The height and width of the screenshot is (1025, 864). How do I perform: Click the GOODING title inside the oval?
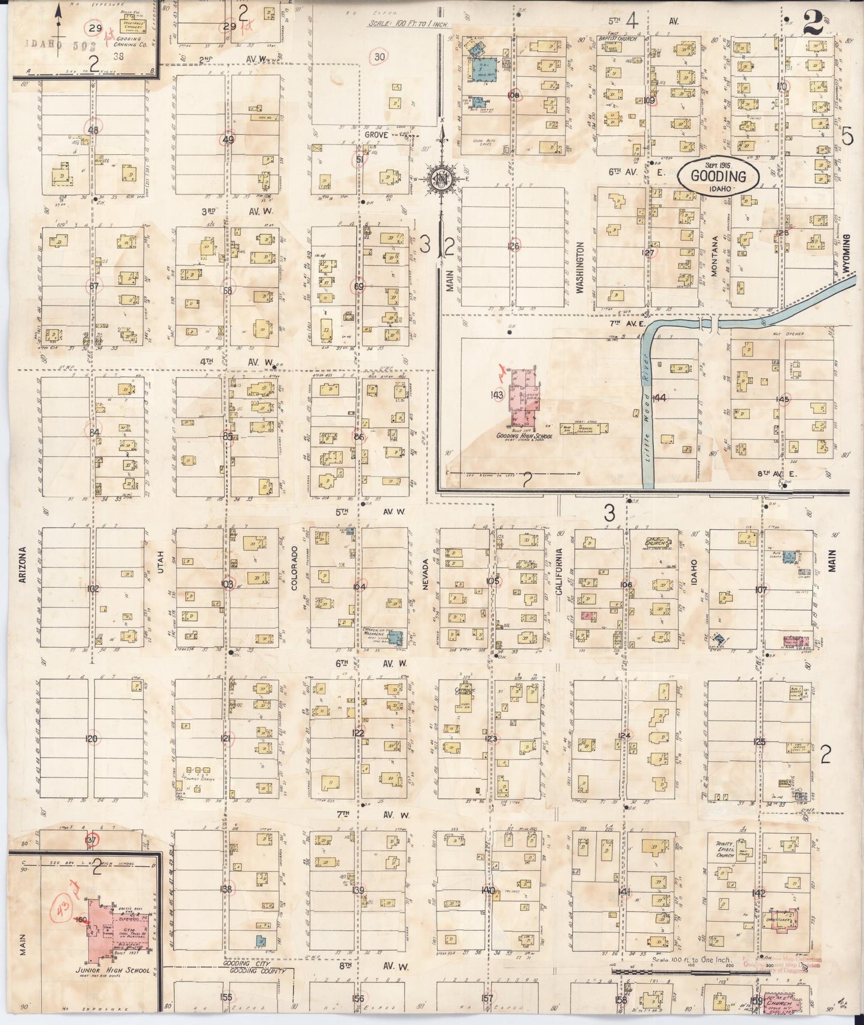[718, 176]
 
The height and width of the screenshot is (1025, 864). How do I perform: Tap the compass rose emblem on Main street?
[442, 179]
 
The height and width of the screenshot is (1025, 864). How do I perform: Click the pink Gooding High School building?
[521, 397]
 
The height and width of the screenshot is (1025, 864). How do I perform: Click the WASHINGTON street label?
[579, 267]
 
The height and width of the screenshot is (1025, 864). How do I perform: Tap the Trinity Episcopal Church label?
[724, 849]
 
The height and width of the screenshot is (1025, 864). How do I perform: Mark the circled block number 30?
[379, 57]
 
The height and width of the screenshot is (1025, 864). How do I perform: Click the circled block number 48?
[93, 129]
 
